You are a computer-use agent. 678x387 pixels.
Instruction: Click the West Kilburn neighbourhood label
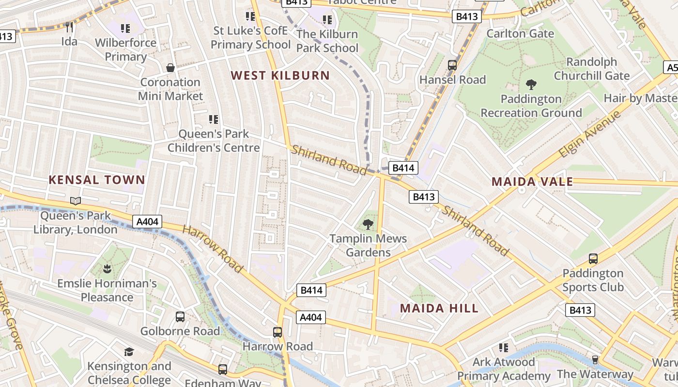(280, 75)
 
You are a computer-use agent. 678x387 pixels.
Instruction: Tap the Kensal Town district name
(97, 180)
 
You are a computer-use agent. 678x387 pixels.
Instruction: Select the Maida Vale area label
(532, 182)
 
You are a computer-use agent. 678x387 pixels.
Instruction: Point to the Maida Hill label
(439, 308)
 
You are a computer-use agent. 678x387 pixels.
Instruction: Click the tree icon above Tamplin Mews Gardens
(368, 224)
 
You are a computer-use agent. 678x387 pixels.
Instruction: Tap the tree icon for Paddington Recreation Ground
(531, 85)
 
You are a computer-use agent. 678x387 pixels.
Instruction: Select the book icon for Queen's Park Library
(76, 201)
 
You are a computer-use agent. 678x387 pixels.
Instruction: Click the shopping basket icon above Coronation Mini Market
(170, 68)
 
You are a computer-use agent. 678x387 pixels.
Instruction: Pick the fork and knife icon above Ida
(69, 27)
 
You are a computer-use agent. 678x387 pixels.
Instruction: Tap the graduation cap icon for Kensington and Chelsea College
(129, 352)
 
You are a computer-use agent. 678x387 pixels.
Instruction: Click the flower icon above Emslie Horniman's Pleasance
(107, 268)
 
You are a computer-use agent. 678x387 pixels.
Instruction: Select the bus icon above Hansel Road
(452, 65)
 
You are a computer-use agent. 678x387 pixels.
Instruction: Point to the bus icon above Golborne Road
(180, 317)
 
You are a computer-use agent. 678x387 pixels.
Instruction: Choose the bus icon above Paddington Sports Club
(593, 259)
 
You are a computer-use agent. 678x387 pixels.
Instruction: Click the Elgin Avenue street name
(589, 134)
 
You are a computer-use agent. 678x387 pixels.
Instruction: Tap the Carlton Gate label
(520, 33)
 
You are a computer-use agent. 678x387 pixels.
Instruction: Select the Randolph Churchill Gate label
(592, 69)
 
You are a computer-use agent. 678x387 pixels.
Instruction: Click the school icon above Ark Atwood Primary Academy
(504, 348)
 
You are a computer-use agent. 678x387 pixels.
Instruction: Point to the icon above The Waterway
(595, 360)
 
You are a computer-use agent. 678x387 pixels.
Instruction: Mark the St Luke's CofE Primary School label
(250, 38)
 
